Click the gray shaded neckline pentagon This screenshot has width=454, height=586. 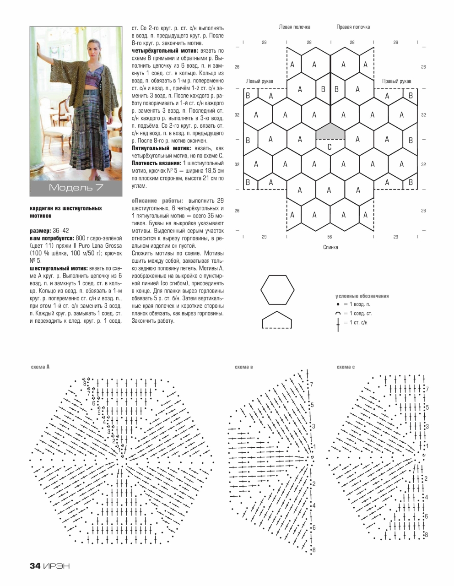point(330,132)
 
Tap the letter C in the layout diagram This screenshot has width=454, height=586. point(330,147)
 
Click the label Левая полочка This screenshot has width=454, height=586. point(295,27)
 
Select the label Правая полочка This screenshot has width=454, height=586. point(353,27)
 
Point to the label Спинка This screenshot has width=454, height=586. point(330,247)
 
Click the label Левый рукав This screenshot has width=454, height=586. point(259,81)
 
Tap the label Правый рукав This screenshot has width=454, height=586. point(396,81)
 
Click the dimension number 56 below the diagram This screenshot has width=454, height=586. point(330,237)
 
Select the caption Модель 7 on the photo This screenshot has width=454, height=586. point(76,187)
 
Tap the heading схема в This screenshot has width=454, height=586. point(243,367)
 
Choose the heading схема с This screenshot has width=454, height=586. point(346,367)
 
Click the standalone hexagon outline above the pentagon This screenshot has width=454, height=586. point(277,289)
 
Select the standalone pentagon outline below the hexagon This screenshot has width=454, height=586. point(277,320)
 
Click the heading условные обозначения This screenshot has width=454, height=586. point(362,296)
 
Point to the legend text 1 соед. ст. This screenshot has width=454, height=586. point(361,314)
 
